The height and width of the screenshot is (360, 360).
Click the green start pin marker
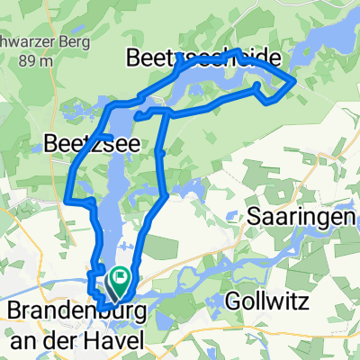tap(119, 282)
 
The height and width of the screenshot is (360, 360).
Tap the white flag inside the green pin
tap(119, 278)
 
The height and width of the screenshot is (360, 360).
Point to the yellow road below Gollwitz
tap(270, 346)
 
